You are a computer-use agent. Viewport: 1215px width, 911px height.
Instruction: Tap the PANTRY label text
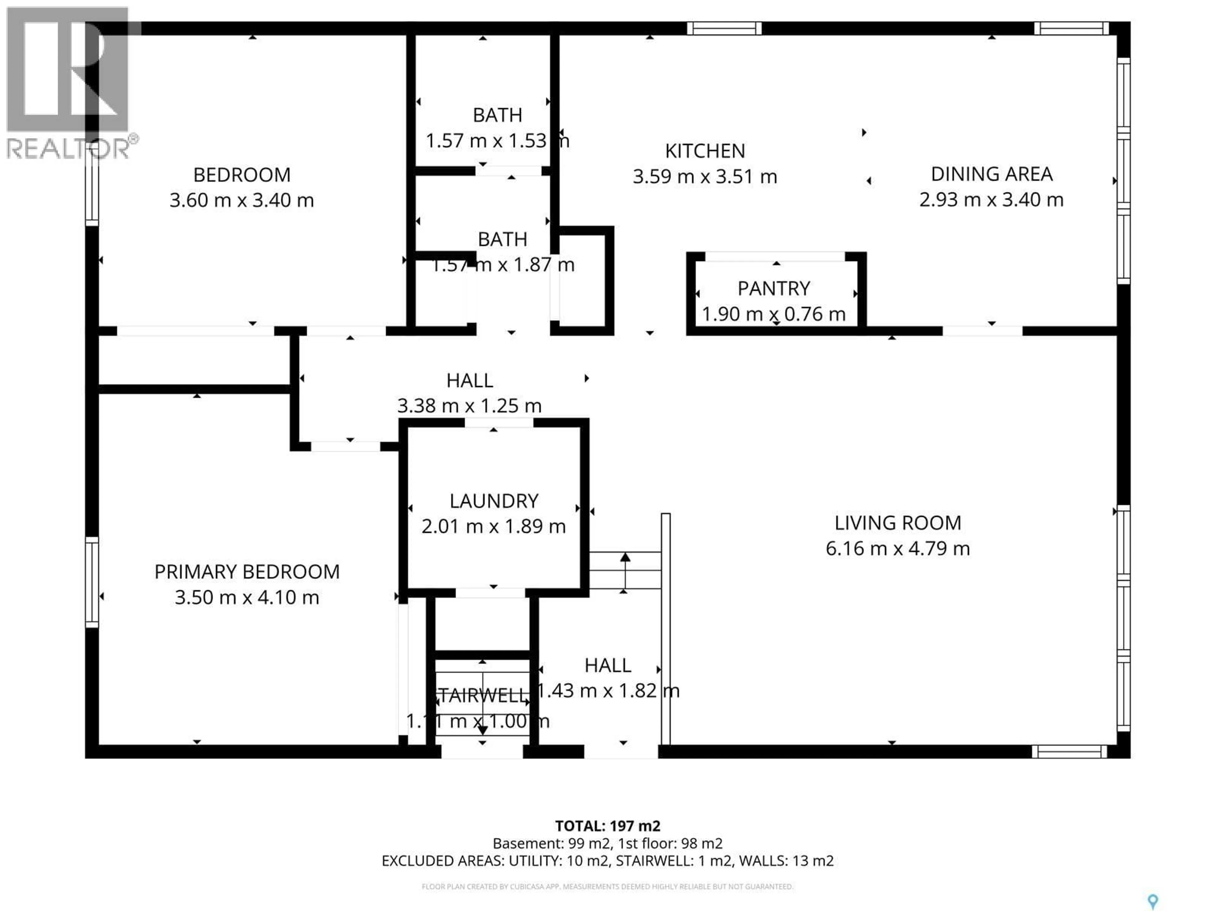(x=773, y=288)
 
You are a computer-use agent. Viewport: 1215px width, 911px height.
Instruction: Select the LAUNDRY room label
(x=493, y=501)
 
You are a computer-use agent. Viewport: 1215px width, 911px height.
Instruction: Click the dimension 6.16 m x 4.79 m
(x=898, y=548)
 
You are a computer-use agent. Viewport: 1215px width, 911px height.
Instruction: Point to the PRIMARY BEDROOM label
(x=246, y=572)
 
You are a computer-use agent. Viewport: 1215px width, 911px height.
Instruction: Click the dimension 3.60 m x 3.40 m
(x=242, y=200)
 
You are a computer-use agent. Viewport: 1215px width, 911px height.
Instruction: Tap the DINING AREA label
(x=991, y=174)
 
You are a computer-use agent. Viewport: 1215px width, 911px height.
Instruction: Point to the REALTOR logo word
(x=69, y=148)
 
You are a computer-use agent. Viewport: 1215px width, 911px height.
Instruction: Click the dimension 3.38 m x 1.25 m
(x=469, y=406)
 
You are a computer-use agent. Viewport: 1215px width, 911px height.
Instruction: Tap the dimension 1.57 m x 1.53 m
(x=497, y=140)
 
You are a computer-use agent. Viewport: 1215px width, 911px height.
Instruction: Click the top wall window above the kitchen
(x=724, y=28)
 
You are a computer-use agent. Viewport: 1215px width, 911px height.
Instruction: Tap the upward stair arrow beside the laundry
(x=625, y=571)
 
